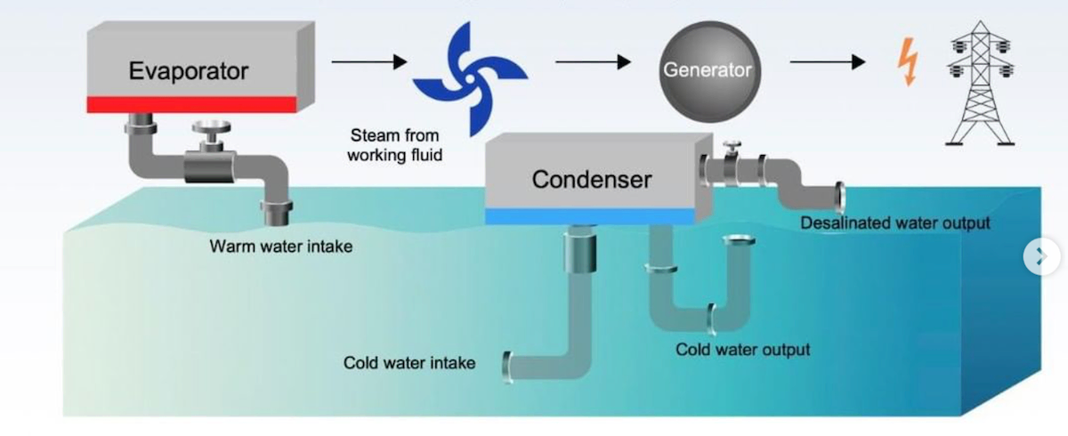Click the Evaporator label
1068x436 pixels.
[188, 71]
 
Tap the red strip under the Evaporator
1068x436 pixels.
[190, 104]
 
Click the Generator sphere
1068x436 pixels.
[707, 70]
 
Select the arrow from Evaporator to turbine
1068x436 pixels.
[369, 61]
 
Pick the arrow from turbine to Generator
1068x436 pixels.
[593, 61]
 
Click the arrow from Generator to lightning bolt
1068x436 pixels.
[827, 61]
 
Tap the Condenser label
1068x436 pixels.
[592, 180]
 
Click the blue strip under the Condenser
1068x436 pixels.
[588, 215]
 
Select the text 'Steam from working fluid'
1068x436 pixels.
[396, 145]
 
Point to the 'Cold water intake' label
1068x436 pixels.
[409, 363]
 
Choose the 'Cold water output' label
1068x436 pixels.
[742, 350]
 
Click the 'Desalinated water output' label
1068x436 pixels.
[894, 222]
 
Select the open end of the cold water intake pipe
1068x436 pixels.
[507, 366]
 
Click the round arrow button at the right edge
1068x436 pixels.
[1041, 257]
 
